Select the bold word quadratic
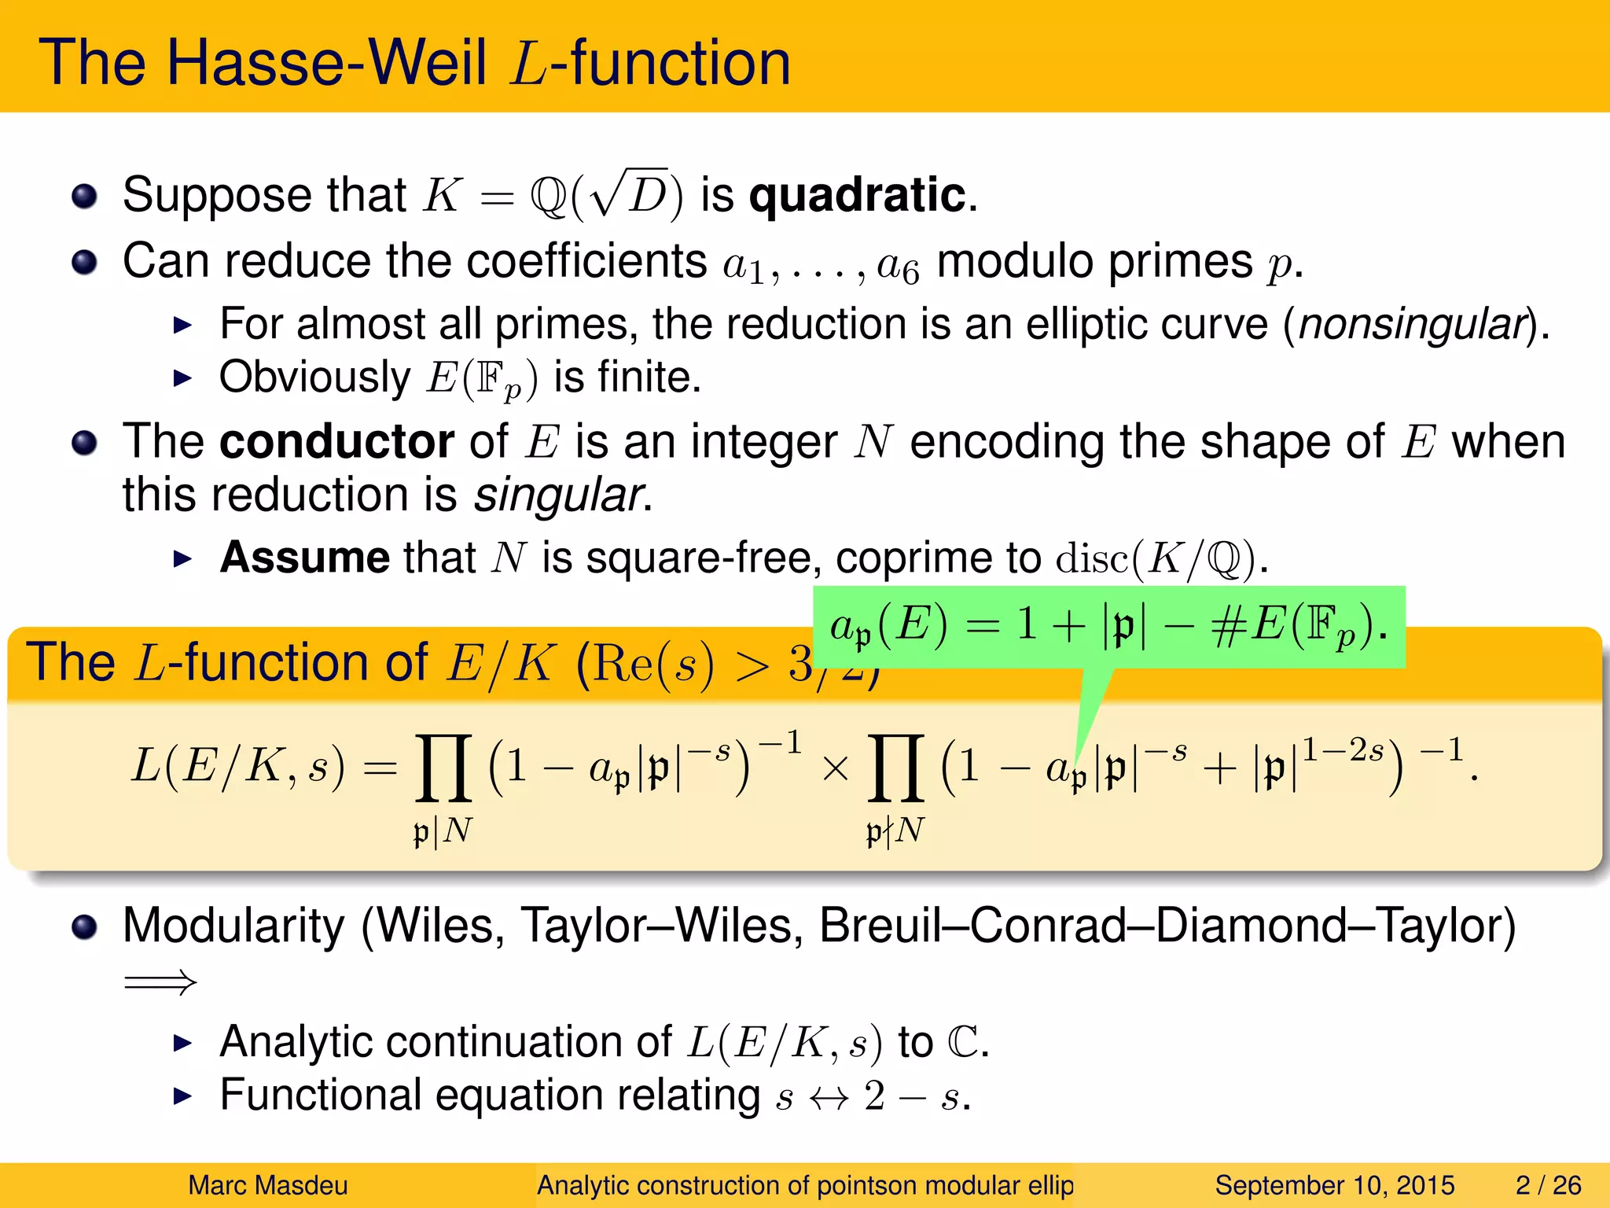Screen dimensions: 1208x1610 coord(857,195)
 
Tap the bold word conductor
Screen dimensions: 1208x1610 coord(336,441)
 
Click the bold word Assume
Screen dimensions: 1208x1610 coord(304,558)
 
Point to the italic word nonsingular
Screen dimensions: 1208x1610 coord(1412,324)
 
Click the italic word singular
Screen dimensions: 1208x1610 coord(559,495)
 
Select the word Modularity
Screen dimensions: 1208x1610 coord(233,926)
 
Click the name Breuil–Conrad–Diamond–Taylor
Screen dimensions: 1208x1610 coord(1167,926)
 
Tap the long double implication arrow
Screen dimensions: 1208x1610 coord(160,982)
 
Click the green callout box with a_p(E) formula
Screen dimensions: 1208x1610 coord(1108,627)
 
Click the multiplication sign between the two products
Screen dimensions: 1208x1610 coord(836,768)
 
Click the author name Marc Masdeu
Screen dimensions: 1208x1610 coord(267,1185)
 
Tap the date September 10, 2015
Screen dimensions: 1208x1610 coord(1334,1185)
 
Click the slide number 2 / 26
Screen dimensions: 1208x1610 coord(1548,1185)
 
